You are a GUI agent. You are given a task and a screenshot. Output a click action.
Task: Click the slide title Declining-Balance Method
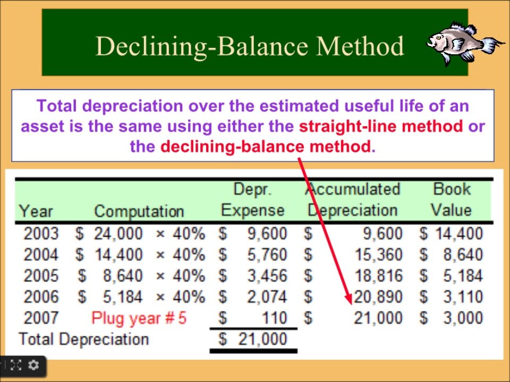250,46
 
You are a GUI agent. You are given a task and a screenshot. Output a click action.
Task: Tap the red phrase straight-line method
381,127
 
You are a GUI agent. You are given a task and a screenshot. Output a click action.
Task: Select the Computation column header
139,211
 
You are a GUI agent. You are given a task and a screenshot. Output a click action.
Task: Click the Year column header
36,211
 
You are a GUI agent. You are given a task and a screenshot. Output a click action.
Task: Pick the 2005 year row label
41,276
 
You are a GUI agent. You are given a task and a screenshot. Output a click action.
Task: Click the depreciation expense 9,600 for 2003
267,233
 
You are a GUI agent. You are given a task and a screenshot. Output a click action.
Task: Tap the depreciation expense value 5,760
267,255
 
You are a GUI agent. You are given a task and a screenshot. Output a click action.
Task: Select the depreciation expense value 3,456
267,276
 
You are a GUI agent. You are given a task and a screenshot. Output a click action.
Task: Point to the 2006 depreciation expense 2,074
267,297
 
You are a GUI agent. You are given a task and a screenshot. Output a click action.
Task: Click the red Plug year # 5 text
139,318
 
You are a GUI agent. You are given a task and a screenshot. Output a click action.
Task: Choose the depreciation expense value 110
274,318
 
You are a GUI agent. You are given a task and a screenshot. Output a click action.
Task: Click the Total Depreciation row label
83,339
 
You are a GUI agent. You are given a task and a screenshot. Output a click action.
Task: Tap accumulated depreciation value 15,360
378,255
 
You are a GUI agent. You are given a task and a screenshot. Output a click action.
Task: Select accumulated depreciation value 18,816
378,276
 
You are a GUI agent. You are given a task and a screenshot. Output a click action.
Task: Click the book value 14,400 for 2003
457,233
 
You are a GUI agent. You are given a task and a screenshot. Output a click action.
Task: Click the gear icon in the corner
33,365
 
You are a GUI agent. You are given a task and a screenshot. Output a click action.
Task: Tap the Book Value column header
452,199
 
